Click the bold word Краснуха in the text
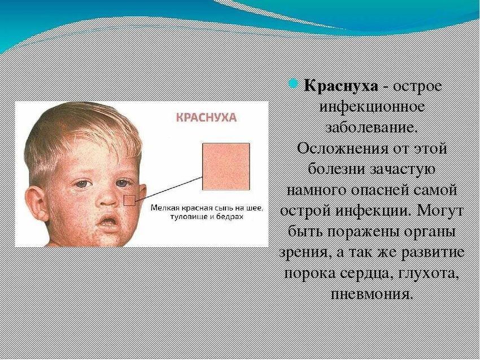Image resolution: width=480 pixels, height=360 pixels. pyautogui.click(x=341, y=86)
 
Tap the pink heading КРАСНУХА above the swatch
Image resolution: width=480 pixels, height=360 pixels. pyautogui.click(x=206, y=117)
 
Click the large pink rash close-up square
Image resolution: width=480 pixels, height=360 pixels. pyautogui.click(x=226, y=166)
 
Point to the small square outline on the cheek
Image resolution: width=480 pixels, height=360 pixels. pyautogui.click(x=129, y=200)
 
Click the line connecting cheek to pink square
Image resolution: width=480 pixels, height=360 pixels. pyautogui.click(x=169, y=188)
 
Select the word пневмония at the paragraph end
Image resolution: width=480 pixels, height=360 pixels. pyautogui.click(x=370, y=294)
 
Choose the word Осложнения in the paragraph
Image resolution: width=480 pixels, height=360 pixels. pyautogui.click(x=343, y=150)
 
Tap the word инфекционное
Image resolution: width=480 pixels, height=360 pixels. pyautogui.click(x=372, y=107)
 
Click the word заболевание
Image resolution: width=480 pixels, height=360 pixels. pyautogui.click(x=372, y=128)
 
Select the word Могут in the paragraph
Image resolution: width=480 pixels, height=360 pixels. pyautogui.click(x=439, y=211)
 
